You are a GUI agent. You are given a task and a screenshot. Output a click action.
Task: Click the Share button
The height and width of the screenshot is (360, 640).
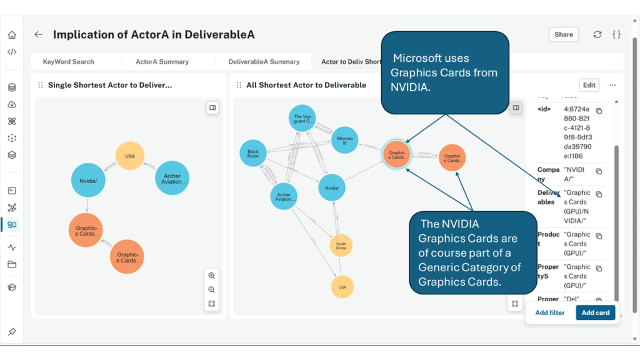(x=563, y=34)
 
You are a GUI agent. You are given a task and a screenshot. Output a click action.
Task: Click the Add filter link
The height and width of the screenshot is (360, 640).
(x=549, y=312)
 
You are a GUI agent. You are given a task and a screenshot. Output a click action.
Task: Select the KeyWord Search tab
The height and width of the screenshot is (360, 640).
(x=68, y=62)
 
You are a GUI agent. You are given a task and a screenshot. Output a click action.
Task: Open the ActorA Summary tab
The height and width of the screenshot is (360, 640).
(x=162, y=62)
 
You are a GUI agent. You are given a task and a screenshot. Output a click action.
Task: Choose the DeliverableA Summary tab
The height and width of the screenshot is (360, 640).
(x=264, y=62)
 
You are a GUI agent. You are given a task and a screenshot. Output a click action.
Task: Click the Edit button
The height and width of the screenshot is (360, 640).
(x=589, y=85)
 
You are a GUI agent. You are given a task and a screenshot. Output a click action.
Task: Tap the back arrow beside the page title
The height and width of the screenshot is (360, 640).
(x=39, y=35)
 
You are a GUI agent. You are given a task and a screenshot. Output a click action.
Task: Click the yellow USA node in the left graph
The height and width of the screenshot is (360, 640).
(x=130, y=156)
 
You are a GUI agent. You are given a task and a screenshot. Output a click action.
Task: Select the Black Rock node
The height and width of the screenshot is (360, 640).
(x=253, y=154)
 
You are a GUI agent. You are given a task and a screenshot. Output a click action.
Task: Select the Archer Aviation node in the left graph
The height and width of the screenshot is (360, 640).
(x=172, y=178)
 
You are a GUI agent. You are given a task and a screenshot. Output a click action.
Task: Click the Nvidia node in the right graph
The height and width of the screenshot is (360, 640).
(x=332, y=187)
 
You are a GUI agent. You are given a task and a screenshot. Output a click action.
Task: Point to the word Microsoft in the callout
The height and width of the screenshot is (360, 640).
(x=422, y=58)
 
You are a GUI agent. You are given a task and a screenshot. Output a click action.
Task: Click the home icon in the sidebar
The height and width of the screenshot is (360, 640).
(x=12, y=35)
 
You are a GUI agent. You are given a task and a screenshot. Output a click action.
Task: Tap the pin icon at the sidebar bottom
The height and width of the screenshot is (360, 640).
(x=12, y=332)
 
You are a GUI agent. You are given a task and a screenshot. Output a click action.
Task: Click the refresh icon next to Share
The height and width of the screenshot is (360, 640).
(x=597, y=35)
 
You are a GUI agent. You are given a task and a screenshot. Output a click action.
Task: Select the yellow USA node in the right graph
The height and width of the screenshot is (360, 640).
(x=342, y=287)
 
